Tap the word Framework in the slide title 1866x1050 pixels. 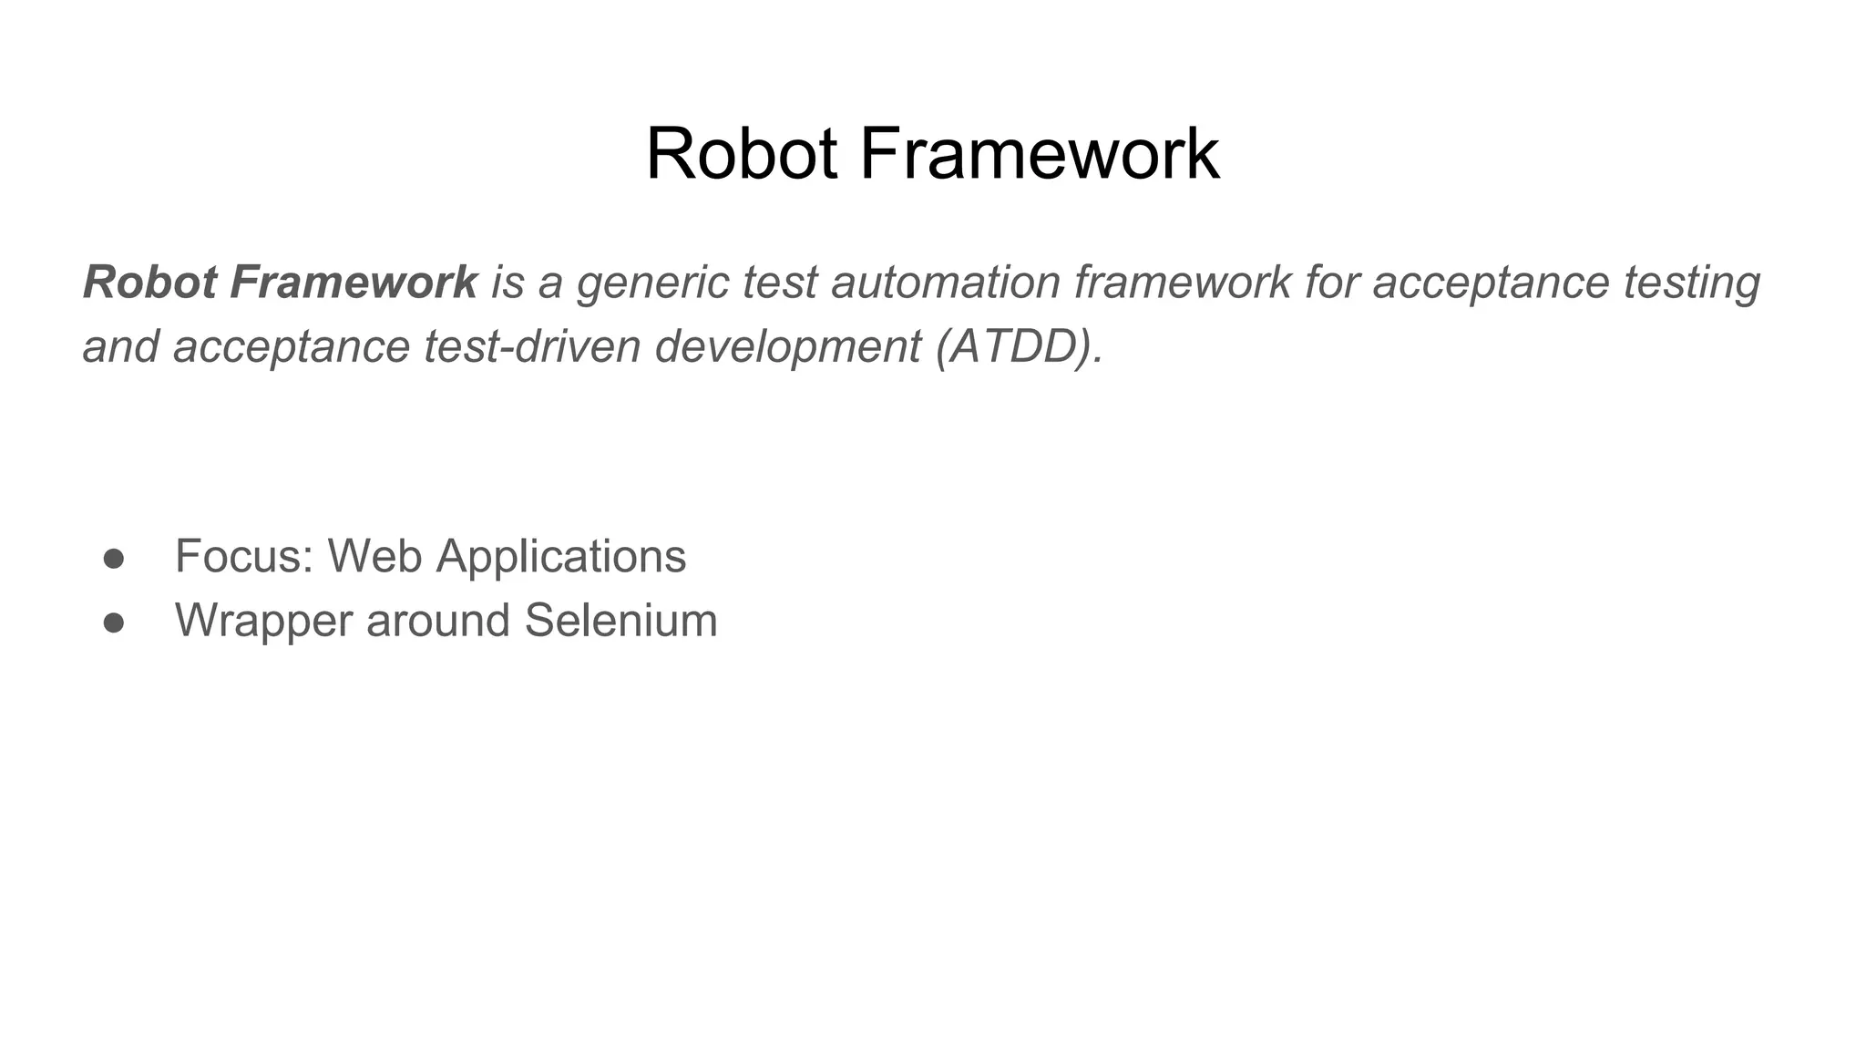(x=1039, y=154)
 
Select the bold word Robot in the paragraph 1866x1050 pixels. (x=149, y=282)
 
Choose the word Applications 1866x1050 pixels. (x=561, y=556)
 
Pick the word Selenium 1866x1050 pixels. (x=620, y=621)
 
